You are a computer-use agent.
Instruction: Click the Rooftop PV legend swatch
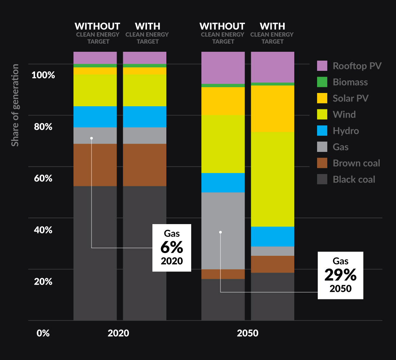click(x=322, y=66)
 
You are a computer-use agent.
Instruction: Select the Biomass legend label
click(x=350, y=82)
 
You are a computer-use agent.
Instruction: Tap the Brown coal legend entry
click(x=356, y=163)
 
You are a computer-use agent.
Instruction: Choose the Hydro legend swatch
click(x=322, y=131)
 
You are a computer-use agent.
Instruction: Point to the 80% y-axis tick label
click(x=43, y=127)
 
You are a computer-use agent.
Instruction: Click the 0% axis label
click(x=43, y=333)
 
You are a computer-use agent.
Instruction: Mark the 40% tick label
click(x=43, y=230)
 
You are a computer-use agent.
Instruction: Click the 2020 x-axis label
click(x=118, y=333)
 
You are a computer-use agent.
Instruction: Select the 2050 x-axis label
click(x=247, y=333)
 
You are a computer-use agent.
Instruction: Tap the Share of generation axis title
click(x=15, y=105)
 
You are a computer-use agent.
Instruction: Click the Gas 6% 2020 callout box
click(x=171, y=248)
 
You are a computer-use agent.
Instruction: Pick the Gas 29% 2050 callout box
click(x=340, y=275)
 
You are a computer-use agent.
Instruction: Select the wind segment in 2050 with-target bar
click(x=272, y=179)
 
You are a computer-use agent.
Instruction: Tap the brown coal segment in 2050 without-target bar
click(x=223, y=274)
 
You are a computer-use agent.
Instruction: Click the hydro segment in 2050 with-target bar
click(x=272, y=236)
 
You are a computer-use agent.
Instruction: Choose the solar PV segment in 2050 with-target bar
click(x=272, y=109)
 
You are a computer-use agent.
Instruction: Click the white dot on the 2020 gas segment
click(x=92, y=138)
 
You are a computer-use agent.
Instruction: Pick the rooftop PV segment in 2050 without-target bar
click(x=223, y=68)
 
